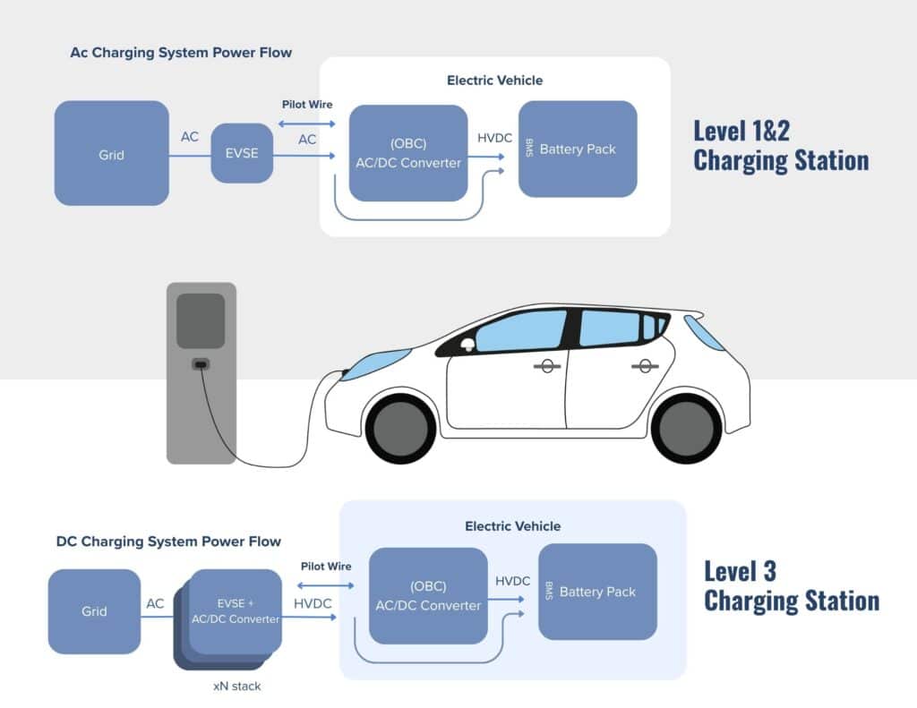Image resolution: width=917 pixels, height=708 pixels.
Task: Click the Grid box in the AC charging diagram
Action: pyautogui.click(x=111, y=154)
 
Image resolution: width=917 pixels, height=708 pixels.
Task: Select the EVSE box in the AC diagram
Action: pyautogui.click(x=241, y=153)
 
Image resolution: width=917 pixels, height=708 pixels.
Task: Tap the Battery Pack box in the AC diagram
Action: pyautogui.click(x=578, y=149)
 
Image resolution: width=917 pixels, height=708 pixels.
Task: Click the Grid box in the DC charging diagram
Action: pyautogui.click(x=94, y=611)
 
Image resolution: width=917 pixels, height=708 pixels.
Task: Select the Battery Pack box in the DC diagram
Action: pyautogui.click(x=597, y=592)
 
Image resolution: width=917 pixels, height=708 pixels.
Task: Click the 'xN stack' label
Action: pyautogui.click(x=236, y=686)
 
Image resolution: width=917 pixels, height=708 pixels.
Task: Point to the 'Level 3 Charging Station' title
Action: pyautogui.click(x=791, y=584)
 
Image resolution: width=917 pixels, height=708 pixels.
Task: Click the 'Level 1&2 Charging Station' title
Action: pyautogui.click(x=780, y=145)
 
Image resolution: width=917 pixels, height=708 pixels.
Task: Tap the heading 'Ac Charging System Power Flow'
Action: pyautogui.click(x=181, y=52)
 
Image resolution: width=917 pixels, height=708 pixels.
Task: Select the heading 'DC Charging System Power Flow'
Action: pyautogui.click(x=168, y=542)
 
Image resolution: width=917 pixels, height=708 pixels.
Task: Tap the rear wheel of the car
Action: pyautogui.click(x=686, y=427)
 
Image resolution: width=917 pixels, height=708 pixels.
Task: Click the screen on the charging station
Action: pyautogui.click(x=201, y=320)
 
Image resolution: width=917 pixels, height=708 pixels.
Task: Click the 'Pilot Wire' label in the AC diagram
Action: pyautogui.click(x=307, y=105)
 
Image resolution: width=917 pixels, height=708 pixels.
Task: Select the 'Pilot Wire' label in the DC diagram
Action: pyautogui.click(x=326, y=566)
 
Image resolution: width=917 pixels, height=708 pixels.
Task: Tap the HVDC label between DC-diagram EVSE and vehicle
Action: pyautogui.click(x=313, y=603)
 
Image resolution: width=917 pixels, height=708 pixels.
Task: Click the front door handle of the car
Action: pyautogui.click(x=544, y=366)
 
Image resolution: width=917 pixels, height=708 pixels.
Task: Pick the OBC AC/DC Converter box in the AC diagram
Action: pyautogui.click(x=407, y=153)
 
